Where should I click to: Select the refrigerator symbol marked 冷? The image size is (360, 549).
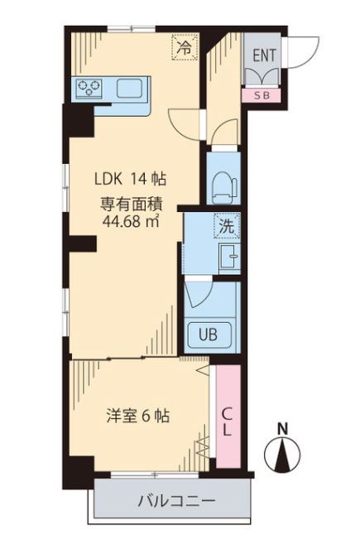point(184,47)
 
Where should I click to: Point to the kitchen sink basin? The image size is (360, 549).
point(132,88)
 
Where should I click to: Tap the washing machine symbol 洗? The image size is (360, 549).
point(224,224)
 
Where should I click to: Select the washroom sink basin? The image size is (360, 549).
point(227,258)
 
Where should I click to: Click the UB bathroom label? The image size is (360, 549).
point(205,335)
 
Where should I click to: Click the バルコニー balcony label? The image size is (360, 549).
point(175,502)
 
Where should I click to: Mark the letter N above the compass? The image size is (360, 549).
point(282,429)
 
